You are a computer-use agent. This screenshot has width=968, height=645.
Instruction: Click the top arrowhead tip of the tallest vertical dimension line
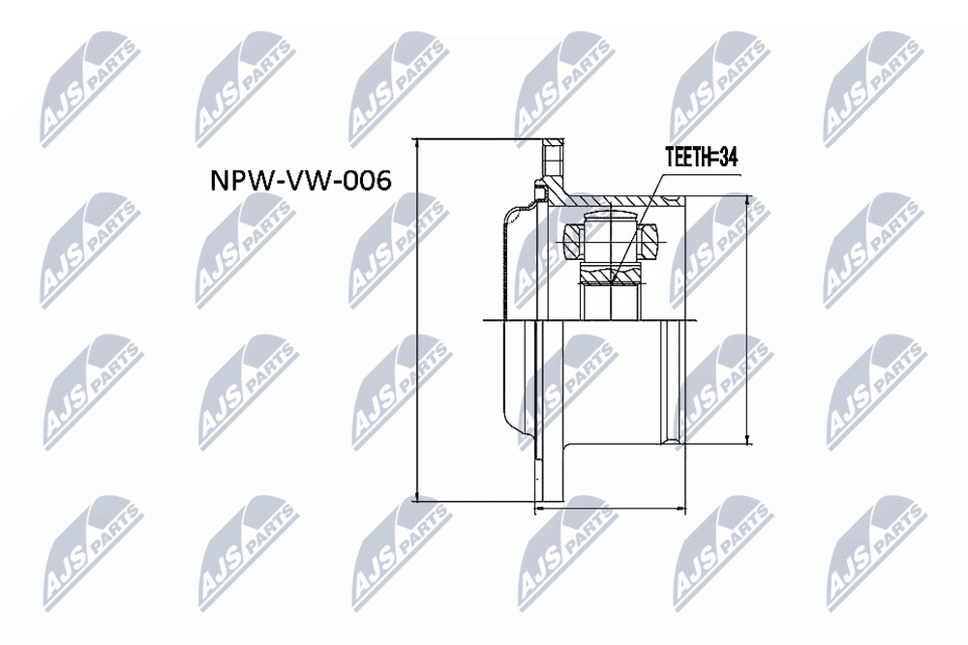418,138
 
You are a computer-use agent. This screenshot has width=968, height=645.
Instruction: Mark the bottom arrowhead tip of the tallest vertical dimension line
418,501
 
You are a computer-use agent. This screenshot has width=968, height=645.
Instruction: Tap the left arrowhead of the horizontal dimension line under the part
534,508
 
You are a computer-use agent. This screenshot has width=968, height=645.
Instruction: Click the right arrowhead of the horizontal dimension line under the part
685,508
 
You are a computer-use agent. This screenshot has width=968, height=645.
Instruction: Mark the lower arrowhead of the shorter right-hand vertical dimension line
748,443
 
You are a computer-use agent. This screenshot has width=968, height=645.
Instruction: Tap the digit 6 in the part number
382,181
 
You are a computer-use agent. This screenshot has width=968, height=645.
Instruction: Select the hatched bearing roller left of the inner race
573,240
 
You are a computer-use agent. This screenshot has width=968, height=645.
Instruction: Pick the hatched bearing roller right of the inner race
651,240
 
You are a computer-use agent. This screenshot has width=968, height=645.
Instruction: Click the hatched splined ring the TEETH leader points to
611,274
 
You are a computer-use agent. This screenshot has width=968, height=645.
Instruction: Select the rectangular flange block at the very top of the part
553,158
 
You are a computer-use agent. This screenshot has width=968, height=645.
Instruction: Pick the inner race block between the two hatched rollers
611,238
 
